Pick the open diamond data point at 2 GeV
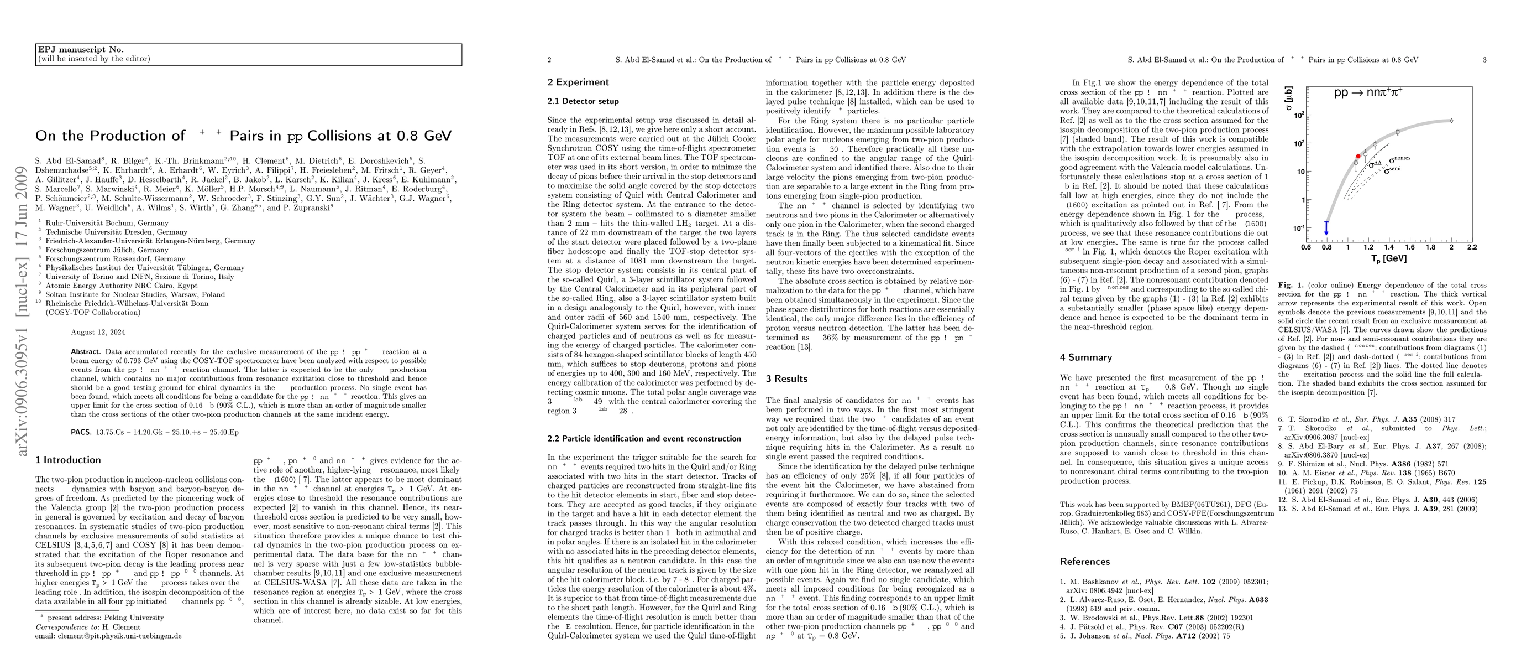coord(1451,121)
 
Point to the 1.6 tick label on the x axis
coord(1409,247)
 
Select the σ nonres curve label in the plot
coord(1399,159)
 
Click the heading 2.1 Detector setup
coord(583,101)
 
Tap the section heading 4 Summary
coord(1086,357)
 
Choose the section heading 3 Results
coord(786,378)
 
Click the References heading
coord(1085,561)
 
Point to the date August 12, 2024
coord(98,333)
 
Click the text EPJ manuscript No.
coord(81,50)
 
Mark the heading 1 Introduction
coord(68,460)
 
